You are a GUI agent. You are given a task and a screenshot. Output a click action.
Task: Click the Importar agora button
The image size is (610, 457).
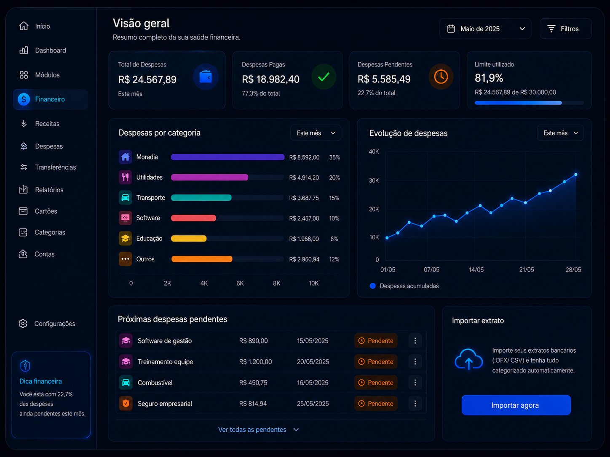tap(516, 405)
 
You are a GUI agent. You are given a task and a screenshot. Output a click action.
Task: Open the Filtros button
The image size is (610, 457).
tap(565, 29)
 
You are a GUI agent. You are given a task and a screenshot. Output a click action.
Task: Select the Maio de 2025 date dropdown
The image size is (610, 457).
tap(485, 29)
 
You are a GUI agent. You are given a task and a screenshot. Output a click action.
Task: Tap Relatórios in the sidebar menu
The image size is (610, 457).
tap(49, 190)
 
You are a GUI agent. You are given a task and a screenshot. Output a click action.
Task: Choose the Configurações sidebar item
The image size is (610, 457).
tap(54, 324)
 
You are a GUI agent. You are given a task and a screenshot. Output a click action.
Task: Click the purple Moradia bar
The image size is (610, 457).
tap(227, 157)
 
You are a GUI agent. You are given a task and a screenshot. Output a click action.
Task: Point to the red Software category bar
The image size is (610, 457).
tap(193, 218)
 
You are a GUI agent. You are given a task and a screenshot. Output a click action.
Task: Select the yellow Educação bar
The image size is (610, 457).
tap(189, 238)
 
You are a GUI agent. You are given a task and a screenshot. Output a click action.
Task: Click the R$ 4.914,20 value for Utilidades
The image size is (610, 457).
tap(304, 178)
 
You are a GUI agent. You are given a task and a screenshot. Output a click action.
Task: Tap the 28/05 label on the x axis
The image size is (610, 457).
tap(573, 270)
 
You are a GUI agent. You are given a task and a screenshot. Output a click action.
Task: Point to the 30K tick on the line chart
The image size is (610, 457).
tap(374, 181)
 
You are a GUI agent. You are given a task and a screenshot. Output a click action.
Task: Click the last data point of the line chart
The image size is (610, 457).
tap(576, 175)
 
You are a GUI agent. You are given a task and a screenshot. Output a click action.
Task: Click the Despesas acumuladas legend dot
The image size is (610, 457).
tap(373, 286)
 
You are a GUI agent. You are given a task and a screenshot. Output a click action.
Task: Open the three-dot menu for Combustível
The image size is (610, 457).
tap(415, 383)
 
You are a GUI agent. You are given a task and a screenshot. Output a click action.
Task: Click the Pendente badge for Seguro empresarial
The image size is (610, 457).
tap(376, 404)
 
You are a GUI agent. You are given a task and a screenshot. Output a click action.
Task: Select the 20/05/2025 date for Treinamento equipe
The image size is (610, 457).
tap(313, 361)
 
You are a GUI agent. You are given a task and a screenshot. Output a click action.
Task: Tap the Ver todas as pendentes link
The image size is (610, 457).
tap(252, 430)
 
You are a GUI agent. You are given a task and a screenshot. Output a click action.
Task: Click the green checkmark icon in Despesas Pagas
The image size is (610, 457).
tap(324, 77)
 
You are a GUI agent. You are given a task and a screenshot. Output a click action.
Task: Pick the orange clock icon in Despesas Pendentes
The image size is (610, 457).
tap(441, 77)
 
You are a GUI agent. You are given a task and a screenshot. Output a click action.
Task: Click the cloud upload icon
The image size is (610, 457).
tap(469, 360)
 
